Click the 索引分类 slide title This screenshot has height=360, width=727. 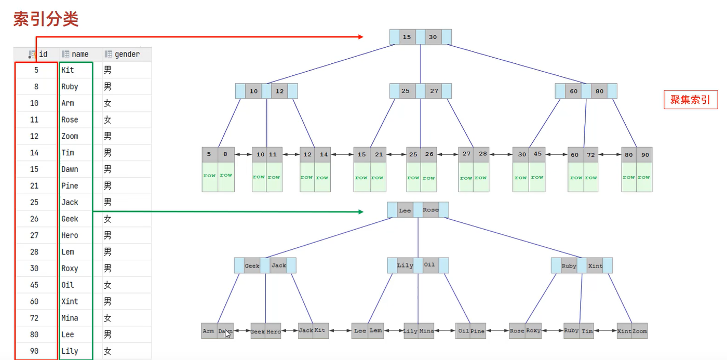[46, 19]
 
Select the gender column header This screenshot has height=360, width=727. [126, 54]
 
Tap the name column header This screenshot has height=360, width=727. [79, 54]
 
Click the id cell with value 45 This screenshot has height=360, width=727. [35, 285]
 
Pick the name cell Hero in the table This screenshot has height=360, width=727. [70, 235]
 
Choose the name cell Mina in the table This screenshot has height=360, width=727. [70, 318]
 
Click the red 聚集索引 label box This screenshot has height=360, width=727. [690, 100]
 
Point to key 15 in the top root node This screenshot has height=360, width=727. [407, 37]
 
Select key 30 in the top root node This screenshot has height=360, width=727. [433, 37]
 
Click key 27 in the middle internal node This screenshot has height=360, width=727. [434, 91]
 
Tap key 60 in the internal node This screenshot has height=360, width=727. [573, 91]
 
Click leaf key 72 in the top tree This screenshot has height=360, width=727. [591, 155]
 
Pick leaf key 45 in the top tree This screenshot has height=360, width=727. [537, 154]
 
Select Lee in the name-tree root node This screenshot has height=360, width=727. [405, 210]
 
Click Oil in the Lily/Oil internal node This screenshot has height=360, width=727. [429, 265]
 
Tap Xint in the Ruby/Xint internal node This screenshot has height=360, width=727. [595, 265]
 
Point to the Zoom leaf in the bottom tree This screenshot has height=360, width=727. [640, 331]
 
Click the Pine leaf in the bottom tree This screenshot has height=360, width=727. [478, 331]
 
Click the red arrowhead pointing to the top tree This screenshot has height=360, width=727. [360, 36]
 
